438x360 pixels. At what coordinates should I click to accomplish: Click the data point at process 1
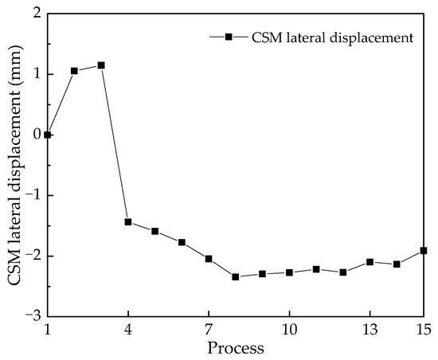pos(48,135)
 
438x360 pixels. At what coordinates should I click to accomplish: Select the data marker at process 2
pos(74,71)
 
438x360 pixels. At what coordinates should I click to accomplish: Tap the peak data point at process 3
pos(101,65)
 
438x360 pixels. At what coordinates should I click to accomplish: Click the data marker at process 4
pos(128,221)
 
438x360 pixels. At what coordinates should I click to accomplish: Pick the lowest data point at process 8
pos(236,276)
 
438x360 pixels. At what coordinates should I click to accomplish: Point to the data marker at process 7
pos(209,258)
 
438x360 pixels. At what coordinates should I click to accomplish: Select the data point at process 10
pos(289,272)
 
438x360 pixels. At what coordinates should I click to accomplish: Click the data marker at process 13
pos(370,261)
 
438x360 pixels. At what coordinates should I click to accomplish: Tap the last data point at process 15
pos(424,250)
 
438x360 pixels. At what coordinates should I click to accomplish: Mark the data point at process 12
pos(343,272)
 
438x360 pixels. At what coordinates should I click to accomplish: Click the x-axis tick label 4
pos(128,329)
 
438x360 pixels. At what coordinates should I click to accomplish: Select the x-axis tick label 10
pos(289,329)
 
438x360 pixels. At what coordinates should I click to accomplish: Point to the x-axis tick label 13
pos(370,329)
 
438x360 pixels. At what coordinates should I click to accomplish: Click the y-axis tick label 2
pos(37,14)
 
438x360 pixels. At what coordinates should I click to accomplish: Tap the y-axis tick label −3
pos(33,316)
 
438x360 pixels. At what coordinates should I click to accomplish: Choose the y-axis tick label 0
pos(37,135)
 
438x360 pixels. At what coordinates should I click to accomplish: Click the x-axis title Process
pos(236,348)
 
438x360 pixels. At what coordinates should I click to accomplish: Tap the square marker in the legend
pos(229,37)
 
